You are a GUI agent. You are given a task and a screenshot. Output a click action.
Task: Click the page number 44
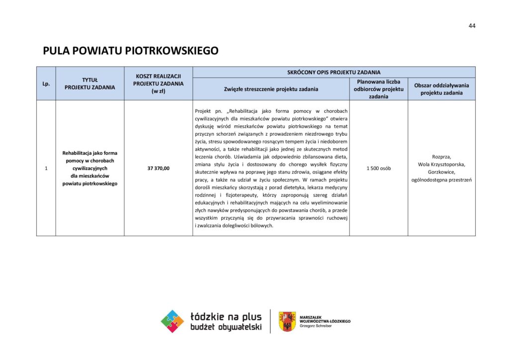472,26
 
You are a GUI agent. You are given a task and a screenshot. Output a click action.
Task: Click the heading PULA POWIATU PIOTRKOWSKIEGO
131,51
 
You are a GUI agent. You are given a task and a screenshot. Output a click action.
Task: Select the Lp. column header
46,84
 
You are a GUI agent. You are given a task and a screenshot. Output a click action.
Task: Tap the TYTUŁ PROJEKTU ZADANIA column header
90,84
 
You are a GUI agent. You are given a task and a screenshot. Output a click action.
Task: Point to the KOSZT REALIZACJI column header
158,84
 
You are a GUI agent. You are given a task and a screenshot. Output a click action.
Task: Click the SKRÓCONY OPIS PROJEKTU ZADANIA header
334,72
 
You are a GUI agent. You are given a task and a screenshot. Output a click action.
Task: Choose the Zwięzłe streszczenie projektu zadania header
271,89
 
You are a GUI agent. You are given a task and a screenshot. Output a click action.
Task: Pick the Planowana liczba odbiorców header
378,89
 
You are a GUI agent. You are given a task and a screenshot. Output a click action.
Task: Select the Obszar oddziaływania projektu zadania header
441,89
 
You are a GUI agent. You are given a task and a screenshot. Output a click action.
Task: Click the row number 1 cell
46,169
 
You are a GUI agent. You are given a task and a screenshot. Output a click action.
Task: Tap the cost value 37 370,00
158,169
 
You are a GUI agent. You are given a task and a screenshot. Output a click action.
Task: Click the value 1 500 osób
378,169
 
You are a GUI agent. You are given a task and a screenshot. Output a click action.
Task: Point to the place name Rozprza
441,157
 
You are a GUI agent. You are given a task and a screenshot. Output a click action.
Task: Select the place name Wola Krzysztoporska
441,165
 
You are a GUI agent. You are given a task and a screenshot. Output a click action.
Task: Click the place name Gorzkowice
441,172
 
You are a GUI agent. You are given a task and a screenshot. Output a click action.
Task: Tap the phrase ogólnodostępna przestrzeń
441,180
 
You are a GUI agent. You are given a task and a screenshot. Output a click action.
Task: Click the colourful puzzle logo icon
172,321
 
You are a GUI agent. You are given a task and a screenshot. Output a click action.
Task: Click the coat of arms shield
287,322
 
